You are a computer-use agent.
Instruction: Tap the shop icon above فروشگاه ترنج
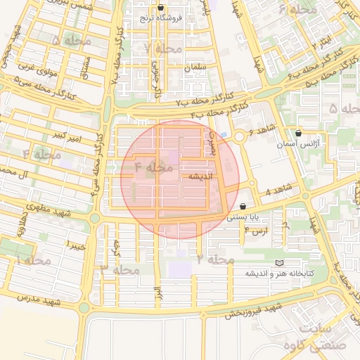point(161,8)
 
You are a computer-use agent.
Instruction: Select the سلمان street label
point(193,67)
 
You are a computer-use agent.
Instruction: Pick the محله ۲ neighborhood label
point(215,260)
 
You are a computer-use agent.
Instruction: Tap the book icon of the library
point(281,263)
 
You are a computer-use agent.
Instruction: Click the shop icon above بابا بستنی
point(243,207)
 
